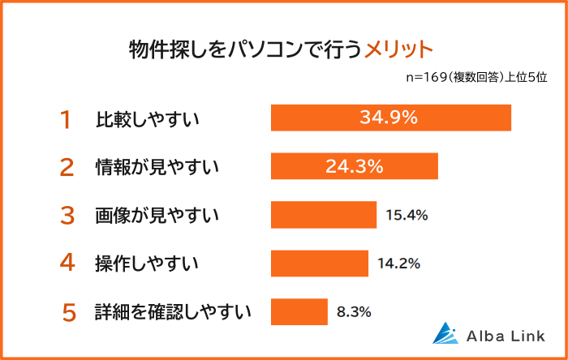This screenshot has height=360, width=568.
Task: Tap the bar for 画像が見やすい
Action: (x=323, y=215)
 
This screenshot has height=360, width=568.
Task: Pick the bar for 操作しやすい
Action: (x=319, y=263)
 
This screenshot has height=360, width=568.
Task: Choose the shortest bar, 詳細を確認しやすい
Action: (x=299, y=311)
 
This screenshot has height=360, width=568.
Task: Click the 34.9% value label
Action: (x=389, y=118)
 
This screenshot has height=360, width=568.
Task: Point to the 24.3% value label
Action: (x=354, y=166)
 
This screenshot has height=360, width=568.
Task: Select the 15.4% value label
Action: (x=407, y=215)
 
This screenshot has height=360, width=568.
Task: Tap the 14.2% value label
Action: (x=398, y=263)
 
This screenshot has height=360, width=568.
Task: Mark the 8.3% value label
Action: (x=355, y=311)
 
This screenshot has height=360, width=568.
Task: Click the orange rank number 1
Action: (x=66, y=119)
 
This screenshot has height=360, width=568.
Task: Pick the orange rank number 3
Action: (x=67, y=216)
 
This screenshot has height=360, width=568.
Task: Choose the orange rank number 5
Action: (x=69, y=312)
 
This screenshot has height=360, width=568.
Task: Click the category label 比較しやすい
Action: (x=147, y=120)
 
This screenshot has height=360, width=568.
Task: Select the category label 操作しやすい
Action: (x=147, y=264)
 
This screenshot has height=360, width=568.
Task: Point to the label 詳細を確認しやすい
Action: (x=173, y=312)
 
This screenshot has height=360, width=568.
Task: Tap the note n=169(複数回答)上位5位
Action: (x=476, y=78)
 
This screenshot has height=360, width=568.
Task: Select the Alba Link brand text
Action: (x=507, y=335)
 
